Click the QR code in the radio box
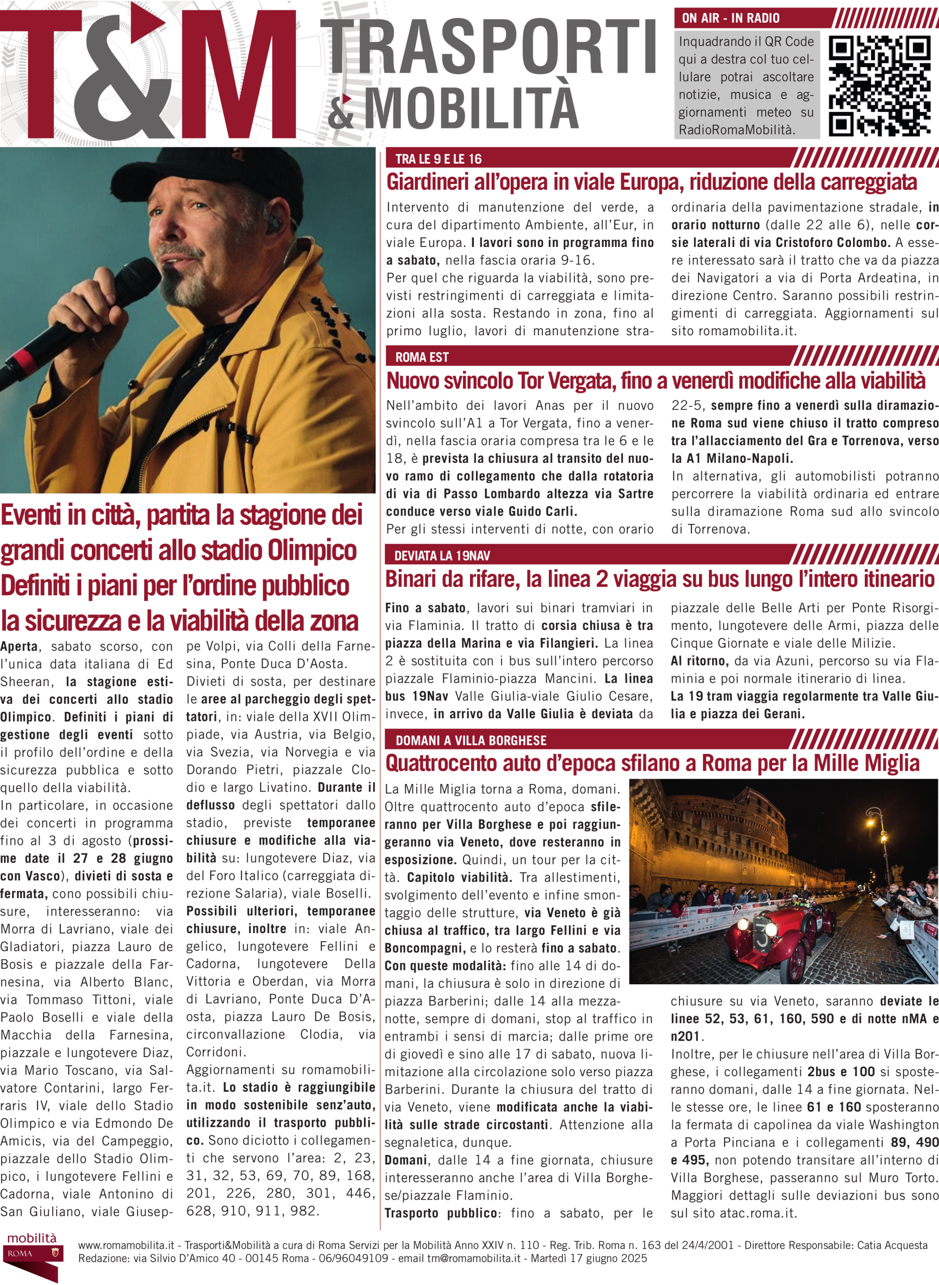(x=879, y=86)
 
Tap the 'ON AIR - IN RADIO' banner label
(x=731, y=18)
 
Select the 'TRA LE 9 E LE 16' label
(x=438, y=159)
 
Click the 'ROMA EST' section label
(x=422, y=357)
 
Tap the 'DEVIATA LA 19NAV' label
(x=442, y=556)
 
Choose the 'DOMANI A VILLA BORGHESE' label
(x=471, y=740)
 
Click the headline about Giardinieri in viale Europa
(x=651, y=182)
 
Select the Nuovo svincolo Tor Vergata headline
(x=655, y=380)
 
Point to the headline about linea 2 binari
(x=659, y=579)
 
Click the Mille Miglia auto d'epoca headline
(x=652, y=763)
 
